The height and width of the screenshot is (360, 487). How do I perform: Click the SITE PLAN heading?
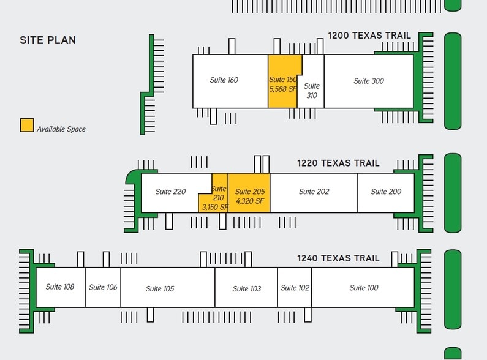coord(48,40)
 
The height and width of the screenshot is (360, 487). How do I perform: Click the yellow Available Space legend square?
coord(26,125)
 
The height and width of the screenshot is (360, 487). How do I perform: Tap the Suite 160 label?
coord(224,80)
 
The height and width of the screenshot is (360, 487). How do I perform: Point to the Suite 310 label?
coord(312,91)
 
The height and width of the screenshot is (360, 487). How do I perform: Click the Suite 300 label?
coord(369,81)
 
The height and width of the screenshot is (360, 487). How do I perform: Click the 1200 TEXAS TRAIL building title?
coord(369,36)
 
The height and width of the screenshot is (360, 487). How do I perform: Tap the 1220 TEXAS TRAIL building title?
coord(338,163)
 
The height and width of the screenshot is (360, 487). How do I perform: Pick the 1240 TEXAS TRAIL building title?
coord(338,258)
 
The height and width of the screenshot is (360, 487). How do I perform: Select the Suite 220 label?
coord(170,192)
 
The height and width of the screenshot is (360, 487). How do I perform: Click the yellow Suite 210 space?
coord(218,197)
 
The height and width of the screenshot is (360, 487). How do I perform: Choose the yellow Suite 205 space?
coord(249,196)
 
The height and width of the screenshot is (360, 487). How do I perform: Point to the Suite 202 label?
coord(314,192)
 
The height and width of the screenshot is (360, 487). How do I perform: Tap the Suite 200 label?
coord(386,192)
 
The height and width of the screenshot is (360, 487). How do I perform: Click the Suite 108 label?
coord(60,287)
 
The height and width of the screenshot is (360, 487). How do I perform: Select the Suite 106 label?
coord(103,287)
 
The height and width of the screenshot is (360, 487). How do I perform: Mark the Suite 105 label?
coord(160,288)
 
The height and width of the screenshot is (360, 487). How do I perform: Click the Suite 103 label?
coord(247,288)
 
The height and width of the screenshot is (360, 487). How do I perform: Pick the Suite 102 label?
coord(295,288)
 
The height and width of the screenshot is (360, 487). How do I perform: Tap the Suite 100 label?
coord(364,288)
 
